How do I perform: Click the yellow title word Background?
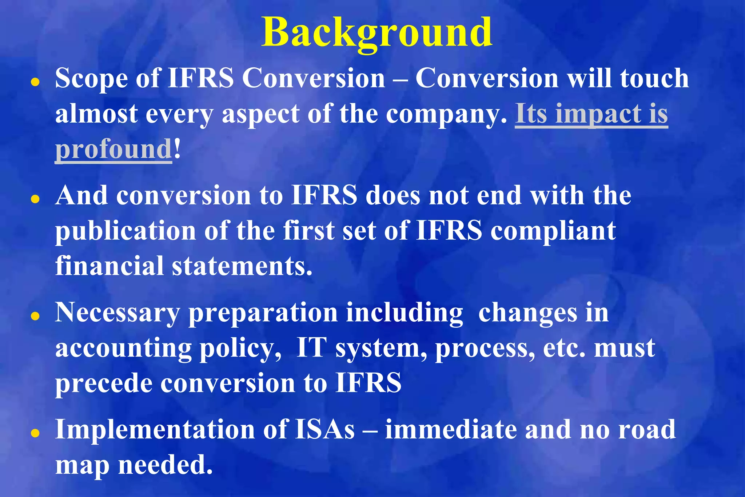click(x=377, y=33)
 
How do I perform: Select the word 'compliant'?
click(x=553, y=231)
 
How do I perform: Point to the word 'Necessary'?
click(x=117, y=313)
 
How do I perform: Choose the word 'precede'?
click(x=104, y=383)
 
